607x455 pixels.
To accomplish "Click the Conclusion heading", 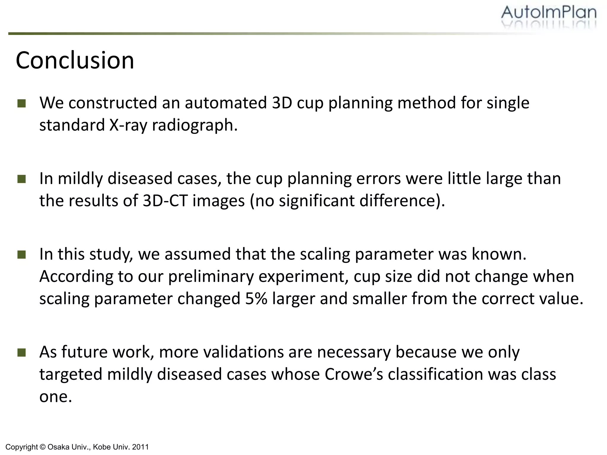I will click(75, 60).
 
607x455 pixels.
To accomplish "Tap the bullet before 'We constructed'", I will click(22, 103).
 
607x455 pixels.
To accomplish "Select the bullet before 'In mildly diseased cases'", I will click(22, 179).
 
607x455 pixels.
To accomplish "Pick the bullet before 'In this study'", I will click(22, 254).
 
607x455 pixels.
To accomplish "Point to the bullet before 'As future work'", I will click(22, 353).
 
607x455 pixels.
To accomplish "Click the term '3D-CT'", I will click(165, 201).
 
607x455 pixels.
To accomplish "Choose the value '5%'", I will click(256, 299).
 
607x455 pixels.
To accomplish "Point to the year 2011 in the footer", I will click(141, 447).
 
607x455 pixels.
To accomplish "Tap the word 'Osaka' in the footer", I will click(58, 447).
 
